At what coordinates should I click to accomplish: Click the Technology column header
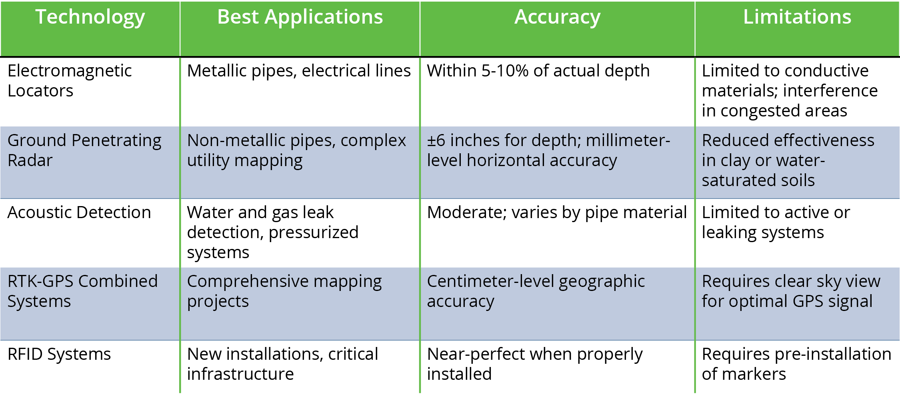point(90,18)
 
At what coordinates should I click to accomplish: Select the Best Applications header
point(300,17)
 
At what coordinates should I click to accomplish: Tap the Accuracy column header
point(557,18)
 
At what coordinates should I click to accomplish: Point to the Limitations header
point(797,17)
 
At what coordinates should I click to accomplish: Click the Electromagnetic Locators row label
point(70,80)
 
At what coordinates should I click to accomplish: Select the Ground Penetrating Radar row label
point(84,150)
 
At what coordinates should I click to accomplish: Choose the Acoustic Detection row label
point(79,212)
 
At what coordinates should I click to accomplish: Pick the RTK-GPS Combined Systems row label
point(83,291)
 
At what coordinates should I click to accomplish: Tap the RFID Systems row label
point(59,354)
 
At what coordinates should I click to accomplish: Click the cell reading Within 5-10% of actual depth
point(538,71)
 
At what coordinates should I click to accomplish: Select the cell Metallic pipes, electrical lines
point(299,71)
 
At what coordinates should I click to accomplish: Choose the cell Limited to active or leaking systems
point(776,223)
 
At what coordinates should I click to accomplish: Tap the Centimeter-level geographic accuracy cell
point(536,291)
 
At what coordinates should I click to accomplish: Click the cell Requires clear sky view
point(791,291)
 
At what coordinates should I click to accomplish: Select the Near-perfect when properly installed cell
point(535,364)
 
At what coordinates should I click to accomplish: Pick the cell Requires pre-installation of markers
point(796,364)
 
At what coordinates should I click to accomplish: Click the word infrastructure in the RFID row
point(240,374)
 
